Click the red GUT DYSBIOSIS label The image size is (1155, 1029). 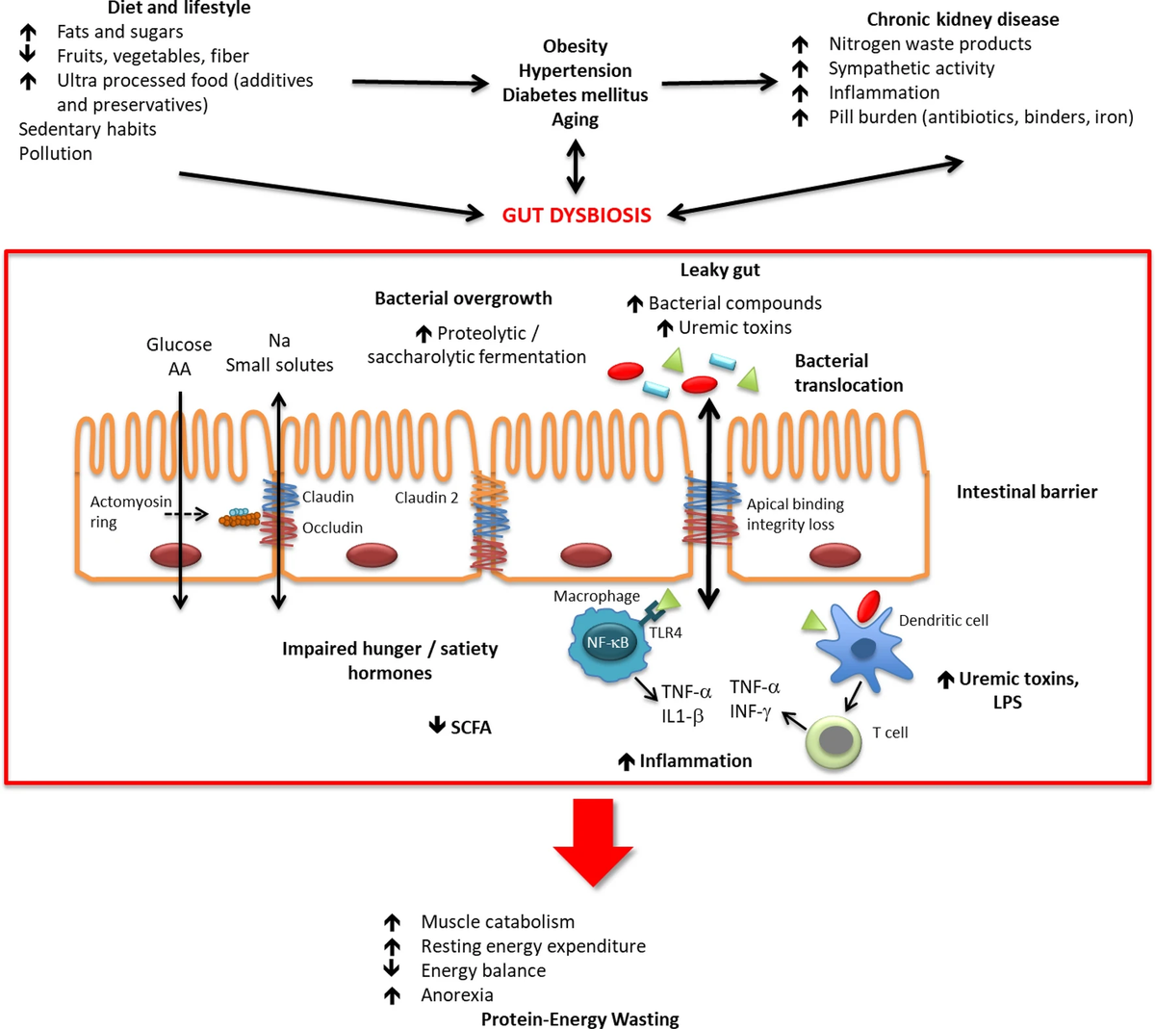[577, 215]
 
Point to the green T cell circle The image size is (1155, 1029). [834, 742]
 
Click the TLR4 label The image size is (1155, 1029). [665, 632]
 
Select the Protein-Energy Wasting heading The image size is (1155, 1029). [579, 1018]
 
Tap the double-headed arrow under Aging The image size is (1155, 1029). [576, 166]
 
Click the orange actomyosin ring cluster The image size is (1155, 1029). [240, 519]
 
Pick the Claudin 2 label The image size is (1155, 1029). [426, 498]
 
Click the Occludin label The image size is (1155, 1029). [332, 527]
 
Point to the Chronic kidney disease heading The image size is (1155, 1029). [962, 19]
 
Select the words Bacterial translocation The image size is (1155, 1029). [848, 373]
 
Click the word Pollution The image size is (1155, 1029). [56, 153]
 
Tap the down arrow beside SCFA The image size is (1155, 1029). [437, 726]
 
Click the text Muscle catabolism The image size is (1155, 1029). [498, 921]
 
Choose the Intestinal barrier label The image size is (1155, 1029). [1026, 492]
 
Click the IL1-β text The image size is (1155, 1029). [682, 716]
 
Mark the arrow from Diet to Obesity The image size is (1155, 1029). [420, 84]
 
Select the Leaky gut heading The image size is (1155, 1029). [720, 270]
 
